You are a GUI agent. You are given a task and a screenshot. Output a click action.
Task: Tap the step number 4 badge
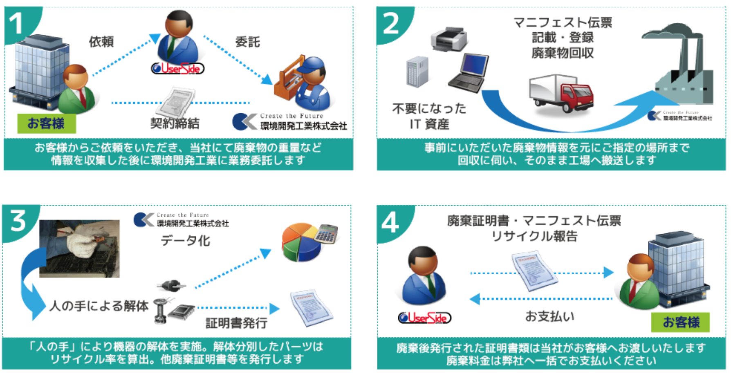(390, 223)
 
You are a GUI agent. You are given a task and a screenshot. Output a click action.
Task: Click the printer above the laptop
(448, 38)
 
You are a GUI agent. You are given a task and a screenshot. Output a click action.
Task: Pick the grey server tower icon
(417, 72)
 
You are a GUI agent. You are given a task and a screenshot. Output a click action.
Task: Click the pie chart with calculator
(309, 241)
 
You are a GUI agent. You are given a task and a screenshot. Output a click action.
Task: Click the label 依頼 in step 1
(101, 42)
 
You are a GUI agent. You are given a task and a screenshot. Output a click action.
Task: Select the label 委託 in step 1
(247, 42)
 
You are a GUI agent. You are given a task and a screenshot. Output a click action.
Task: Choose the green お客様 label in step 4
(680, 322)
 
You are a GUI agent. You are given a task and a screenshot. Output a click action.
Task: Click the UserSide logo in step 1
(178, 68)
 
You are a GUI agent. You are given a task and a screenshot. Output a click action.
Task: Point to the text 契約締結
(175, 123)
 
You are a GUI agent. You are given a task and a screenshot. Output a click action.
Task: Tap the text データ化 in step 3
(185, 241)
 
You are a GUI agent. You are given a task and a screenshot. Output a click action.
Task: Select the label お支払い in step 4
(549, 316)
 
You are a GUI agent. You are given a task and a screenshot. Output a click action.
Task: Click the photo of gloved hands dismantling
(79, 248)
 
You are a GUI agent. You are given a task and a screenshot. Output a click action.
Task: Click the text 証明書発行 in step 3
(236, 323)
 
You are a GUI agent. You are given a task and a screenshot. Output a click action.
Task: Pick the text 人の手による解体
(99, 306)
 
